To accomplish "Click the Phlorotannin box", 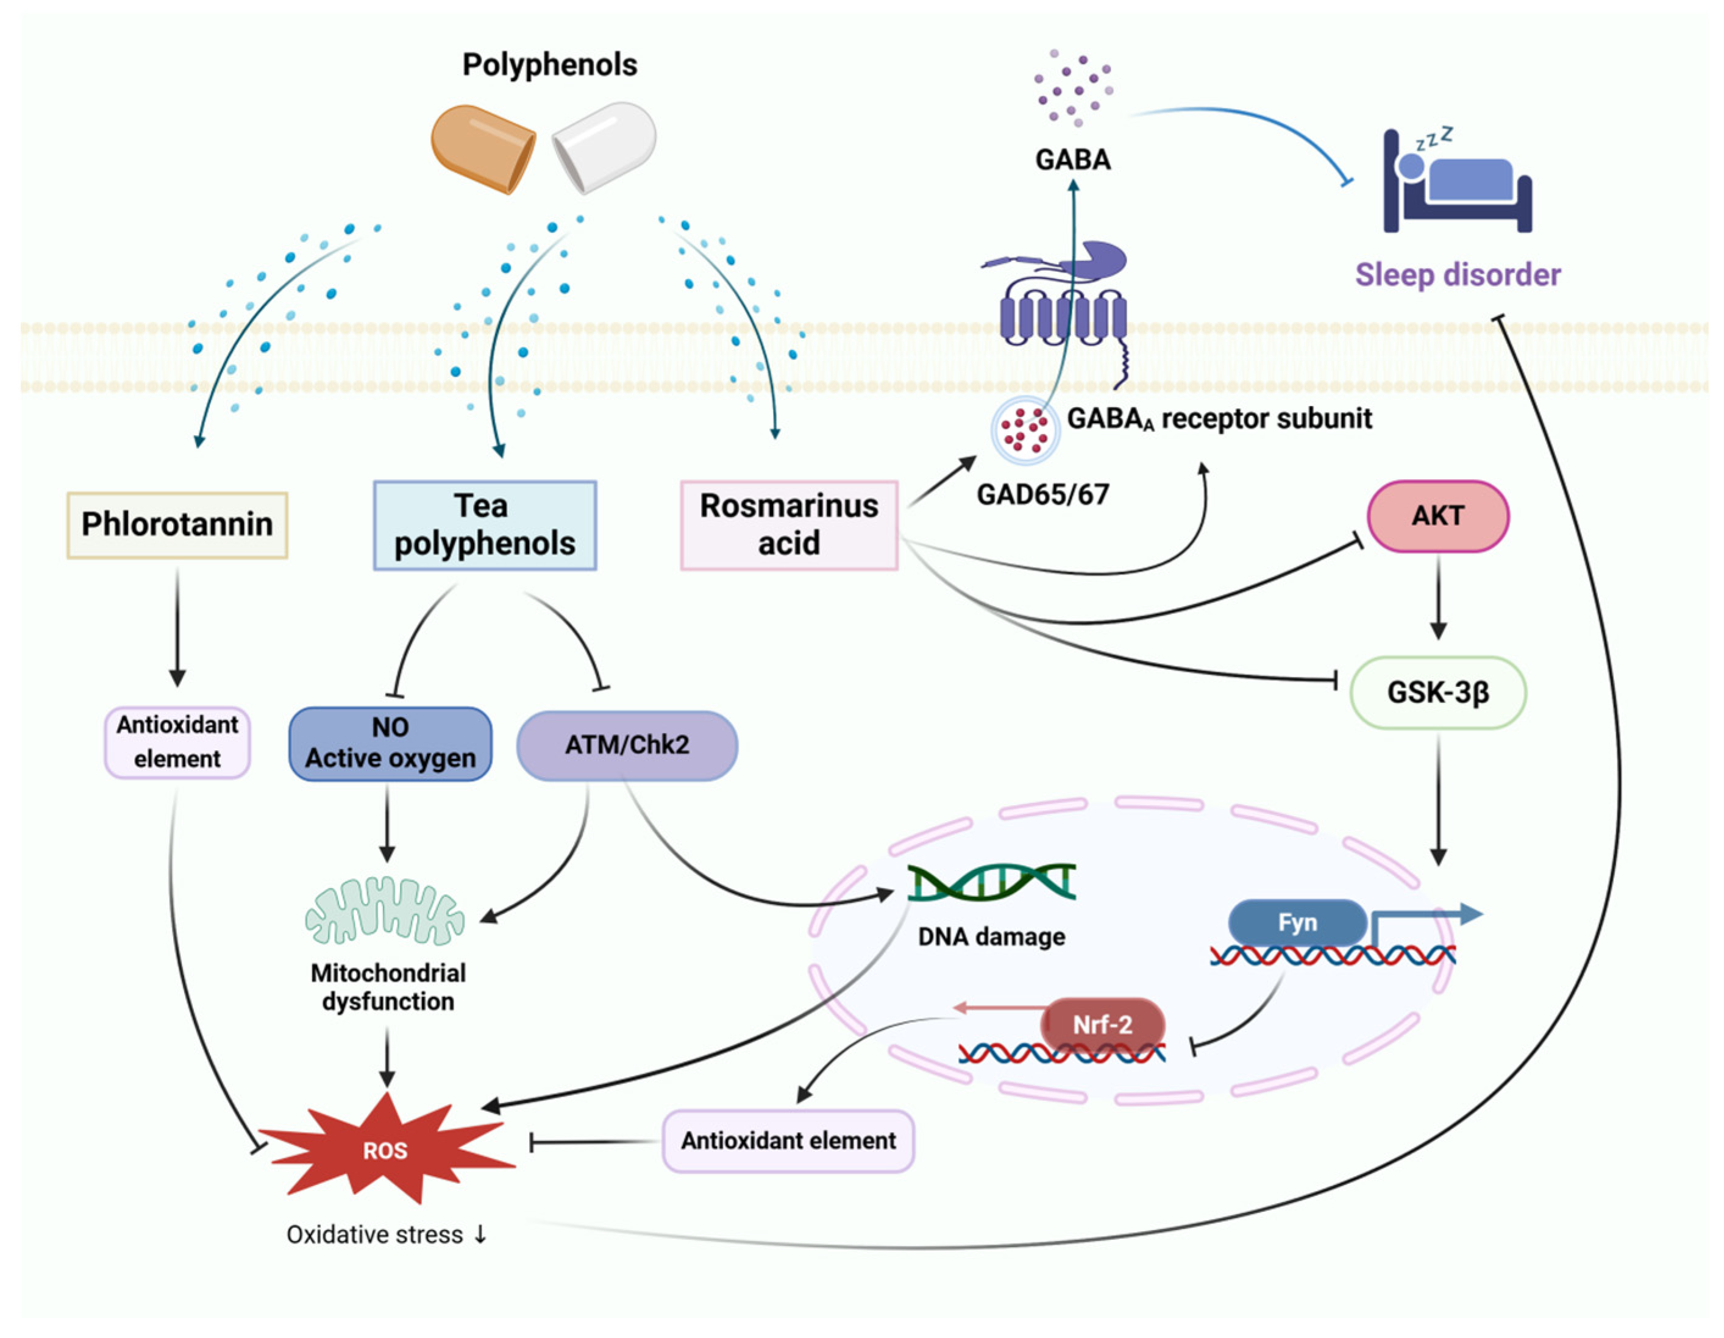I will [x=177, y=525].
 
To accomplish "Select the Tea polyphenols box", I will [x=485, y=525].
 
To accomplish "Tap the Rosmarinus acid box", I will [x=789, y=525].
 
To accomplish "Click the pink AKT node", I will [x=1437, y=516].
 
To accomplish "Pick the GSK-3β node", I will [x=1437, y=692].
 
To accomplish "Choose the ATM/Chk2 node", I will [x=627, y=745].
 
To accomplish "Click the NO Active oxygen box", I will [x=390, y=744].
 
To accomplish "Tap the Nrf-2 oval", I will [x=1103, y=1025].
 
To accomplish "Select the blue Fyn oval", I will [x=1297, y=922].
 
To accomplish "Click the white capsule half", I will [x=605, y=146].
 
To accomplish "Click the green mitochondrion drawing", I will [x=385, y=912].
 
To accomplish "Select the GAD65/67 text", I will [x=1043, y=495].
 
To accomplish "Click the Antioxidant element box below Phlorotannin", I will [x=177, y=742].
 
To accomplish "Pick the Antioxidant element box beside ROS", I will [x=788, y=1141].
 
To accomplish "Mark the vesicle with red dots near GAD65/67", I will [x=1025, y=429].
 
